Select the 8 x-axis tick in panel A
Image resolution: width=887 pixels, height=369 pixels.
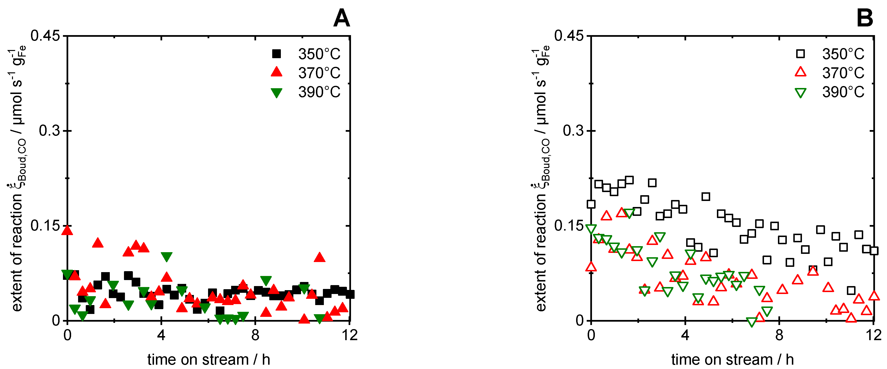[255, 335]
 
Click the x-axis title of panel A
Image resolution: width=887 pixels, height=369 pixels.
[209, 359]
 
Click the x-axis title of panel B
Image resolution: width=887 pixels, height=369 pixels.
[732, 359]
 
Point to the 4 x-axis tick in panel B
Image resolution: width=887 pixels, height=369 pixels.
[685, 335]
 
